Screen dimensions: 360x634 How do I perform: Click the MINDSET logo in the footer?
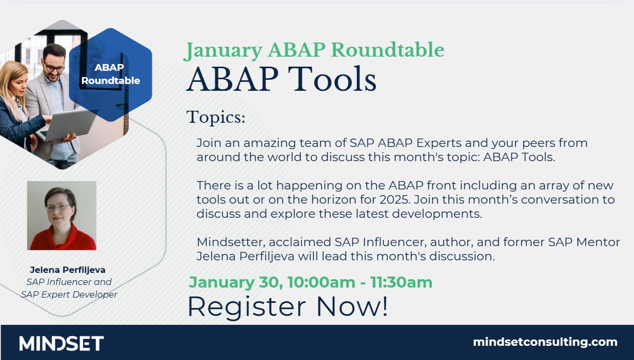[x=61, y=343]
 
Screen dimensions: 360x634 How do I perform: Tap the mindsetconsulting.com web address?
[x=545, y=342]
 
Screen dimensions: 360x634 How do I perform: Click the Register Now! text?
[x=287, y=307]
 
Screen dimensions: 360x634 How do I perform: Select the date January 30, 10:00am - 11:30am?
[x=310, y=282]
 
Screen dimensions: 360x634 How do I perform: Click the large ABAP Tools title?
[x=281, y=80]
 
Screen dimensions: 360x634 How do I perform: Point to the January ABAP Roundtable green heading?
[x=314, y=50]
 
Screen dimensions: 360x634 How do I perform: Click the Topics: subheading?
[x=216, y=118]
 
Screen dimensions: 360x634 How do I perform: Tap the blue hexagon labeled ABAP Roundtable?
[x=110, y=75]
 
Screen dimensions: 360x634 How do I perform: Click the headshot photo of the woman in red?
[x=61, y=215]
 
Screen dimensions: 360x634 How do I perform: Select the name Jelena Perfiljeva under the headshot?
[x=68, y=270]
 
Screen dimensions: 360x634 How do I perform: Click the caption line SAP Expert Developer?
[x=69, y=294]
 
